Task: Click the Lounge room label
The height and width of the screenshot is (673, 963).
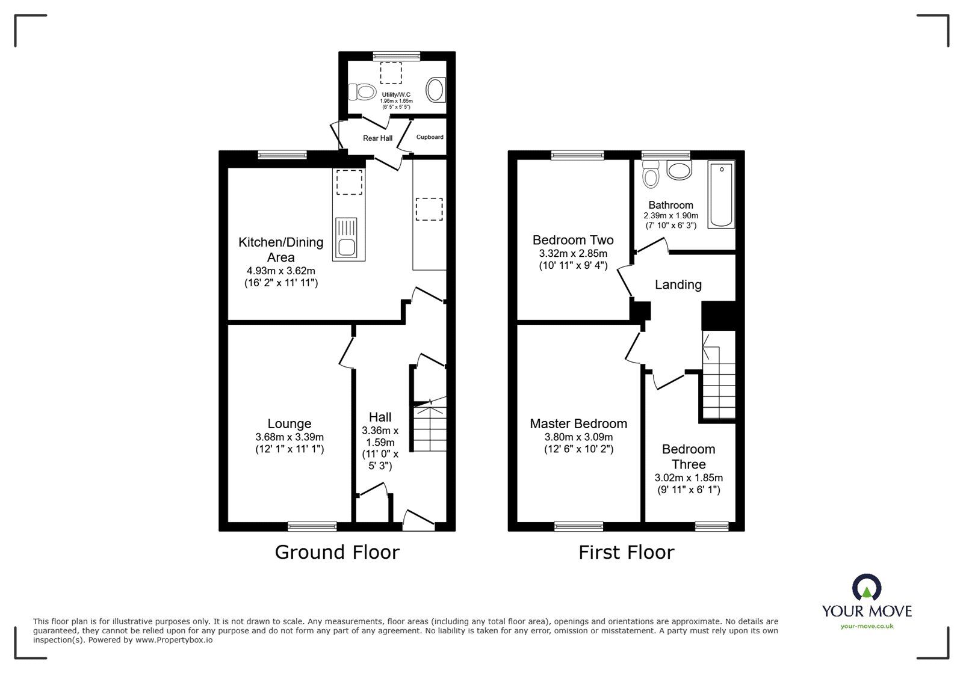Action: (x=289, y=424)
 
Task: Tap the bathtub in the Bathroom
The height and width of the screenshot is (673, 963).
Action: (x=721, y=194)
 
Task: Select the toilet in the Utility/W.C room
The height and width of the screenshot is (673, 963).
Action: (x=363, y=92)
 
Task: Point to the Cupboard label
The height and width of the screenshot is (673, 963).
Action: (x=430, y=137)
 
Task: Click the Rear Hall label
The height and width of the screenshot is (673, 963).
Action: (x=377, y=138)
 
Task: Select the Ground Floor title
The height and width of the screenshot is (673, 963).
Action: (x=337, y=552)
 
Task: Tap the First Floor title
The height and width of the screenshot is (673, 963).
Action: (x=626, y=552)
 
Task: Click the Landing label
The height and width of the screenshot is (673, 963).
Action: (x=678, y=284)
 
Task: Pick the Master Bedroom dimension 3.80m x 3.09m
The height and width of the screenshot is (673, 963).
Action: (x=578, y=437)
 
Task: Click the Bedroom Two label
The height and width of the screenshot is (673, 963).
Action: (x=572, y=240)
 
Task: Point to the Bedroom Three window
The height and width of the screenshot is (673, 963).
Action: (x=712, y=526)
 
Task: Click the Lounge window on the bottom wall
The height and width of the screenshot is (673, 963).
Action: (x=312, y=526)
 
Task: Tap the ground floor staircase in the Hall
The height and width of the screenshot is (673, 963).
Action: (x=429, y=427)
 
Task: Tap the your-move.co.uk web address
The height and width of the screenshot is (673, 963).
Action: (x=867, y=626)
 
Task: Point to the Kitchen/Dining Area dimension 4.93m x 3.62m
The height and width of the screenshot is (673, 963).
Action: (x=281, y=271)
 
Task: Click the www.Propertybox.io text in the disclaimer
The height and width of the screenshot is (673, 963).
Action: (x=174, y=641)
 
